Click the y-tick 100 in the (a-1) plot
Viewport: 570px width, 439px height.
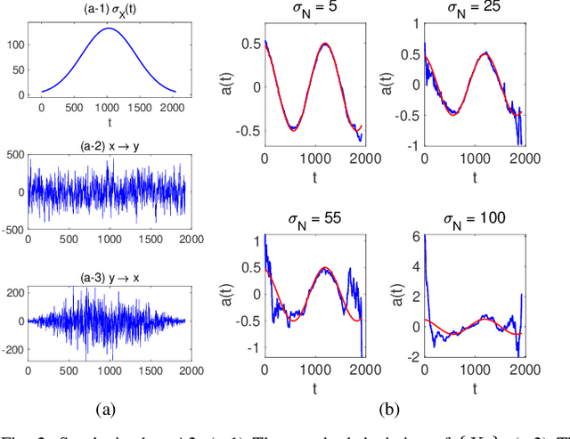click(x=18, y=43)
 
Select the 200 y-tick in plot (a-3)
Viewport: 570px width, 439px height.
click(x=16, y=292)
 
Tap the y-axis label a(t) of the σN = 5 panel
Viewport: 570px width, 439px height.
click(x=232, y=87)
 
